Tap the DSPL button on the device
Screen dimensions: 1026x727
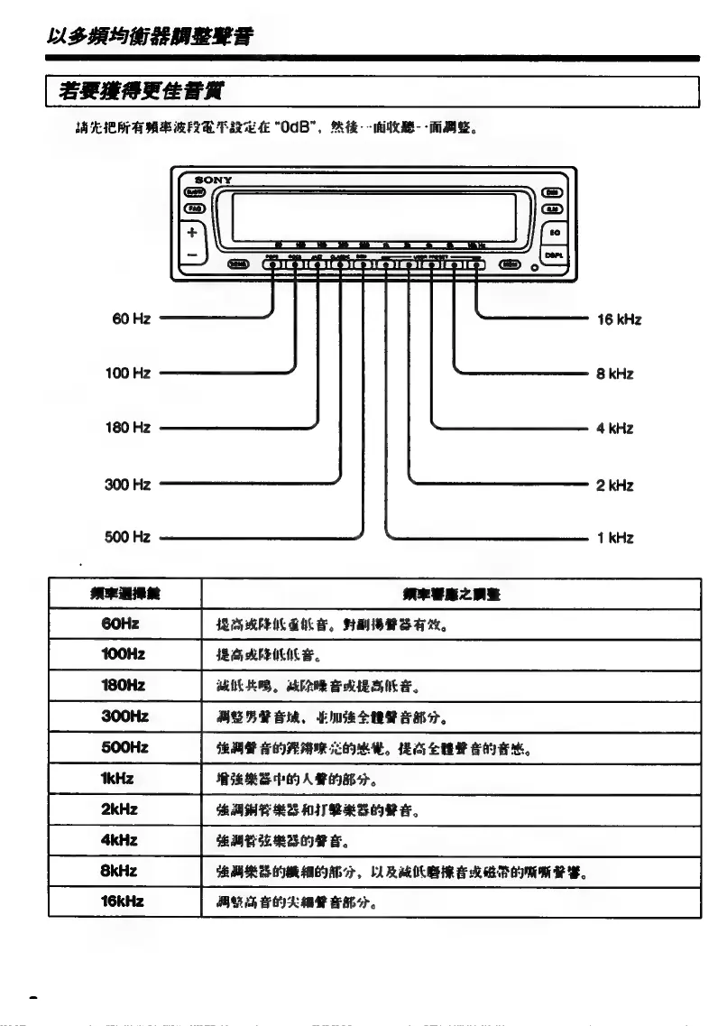coord(555,255)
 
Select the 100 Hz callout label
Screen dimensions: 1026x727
coord(128,373)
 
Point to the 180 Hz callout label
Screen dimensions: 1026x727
coord(128,428)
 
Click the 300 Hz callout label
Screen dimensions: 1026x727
coord(128,485)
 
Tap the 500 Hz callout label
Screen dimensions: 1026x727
coord(128,538)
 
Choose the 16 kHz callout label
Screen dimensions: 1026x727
coord(619,319)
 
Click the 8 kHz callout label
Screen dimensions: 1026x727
coord(615,374)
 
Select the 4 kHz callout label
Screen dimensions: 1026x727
coord(615,429)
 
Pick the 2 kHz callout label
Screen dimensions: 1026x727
coord(615,485)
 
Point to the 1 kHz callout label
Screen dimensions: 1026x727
coord(615,539)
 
